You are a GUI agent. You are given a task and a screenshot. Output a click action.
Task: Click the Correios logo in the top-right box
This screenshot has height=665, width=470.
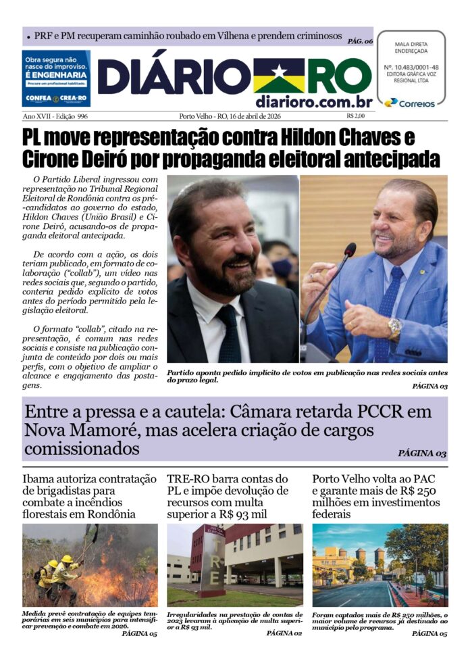[x=410, y=103]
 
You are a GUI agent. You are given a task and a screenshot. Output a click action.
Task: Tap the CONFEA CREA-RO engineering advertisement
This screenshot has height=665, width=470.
[x=55, y=78]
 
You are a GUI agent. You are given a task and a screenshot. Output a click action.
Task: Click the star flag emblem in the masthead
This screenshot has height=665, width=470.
[x=278, y=76]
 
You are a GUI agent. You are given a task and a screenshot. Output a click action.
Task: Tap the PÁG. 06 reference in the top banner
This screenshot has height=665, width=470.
[x=360, y=41]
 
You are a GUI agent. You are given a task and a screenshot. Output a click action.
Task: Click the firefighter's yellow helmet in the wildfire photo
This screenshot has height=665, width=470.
[x=67, y=559]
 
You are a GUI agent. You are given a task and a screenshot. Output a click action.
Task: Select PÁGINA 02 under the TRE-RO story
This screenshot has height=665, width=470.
[x=284, y=633]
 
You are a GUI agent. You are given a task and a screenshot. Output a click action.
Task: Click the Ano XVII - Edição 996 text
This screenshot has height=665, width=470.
[x=55, y=116]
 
